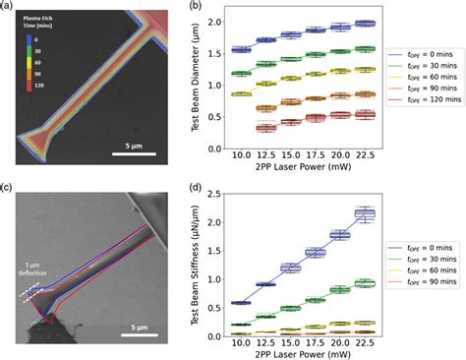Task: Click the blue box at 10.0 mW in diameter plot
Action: tap(267, 49)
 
